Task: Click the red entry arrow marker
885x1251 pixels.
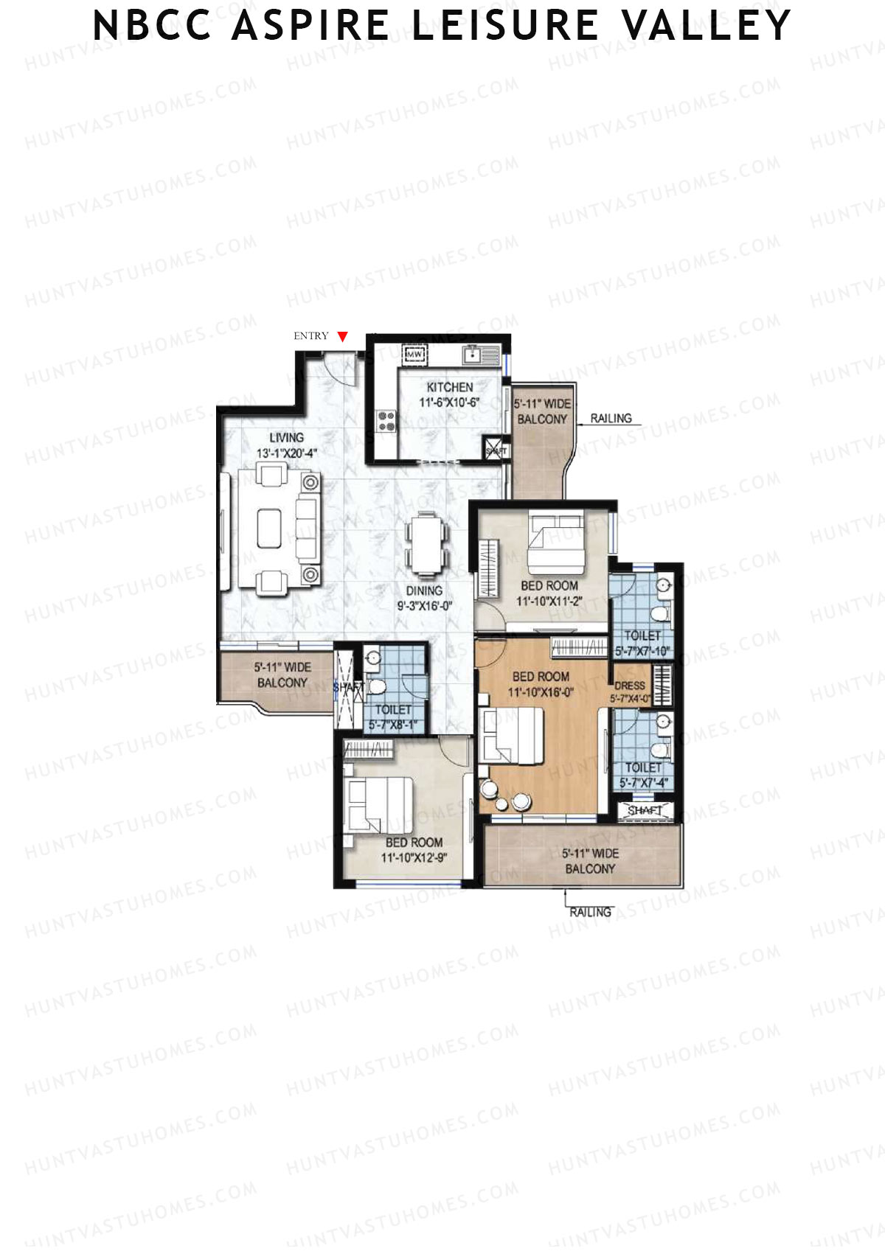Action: [342, 337]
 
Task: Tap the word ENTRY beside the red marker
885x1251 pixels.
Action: [310, 336]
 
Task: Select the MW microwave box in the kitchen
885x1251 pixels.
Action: [414, 355]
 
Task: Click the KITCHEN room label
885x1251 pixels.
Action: [450, 387]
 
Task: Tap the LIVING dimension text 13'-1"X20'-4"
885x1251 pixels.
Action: [286, 453]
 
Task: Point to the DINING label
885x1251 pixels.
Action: [424, 590]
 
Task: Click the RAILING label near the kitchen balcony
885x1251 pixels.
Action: [611, 418]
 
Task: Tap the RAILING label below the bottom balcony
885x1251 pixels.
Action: [590, 912]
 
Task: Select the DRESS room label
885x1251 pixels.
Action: [630, 686]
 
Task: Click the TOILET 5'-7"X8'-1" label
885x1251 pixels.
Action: [393, 717]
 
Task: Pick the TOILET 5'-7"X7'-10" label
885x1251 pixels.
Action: [642, 643]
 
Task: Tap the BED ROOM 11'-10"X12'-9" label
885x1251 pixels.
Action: [414, 849]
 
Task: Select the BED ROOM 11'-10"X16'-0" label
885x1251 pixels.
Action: [541, 683]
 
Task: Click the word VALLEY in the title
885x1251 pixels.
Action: [706, 25]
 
